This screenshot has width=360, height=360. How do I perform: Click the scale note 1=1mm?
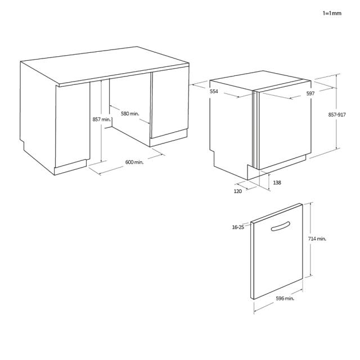point(332,13)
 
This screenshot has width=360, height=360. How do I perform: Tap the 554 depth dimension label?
point(214,91)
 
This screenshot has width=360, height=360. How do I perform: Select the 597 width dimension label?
point(310,93)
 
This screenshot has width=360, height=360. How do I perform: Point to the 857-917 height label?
point(337,115)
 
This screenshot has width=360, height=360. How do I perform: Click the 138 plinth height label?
point(277,182)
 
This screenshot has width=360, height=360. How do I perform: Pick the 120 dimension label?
point(237,191)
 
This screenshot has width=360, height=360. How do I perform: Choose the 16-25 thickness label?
point(238,227)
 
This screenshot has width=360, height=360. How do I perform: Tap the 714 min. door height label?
point(317,238)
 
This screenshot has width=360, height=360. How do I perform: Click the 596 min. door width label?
point(285,299)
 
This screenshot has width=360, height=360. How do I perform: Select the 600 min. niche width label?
point(134,162)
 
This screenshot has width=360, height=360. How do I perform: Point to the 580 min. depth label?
point(130,114)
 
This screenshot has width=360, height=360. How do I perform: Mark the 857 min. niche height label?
point(102,119)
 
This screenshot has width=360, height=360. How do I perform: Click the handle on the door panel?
point(281,226)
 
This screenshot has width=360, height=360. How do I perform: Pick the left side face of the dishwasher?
point(231,129)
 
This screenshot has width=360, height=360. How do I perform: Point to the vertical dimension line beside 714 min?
point(311,239)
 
